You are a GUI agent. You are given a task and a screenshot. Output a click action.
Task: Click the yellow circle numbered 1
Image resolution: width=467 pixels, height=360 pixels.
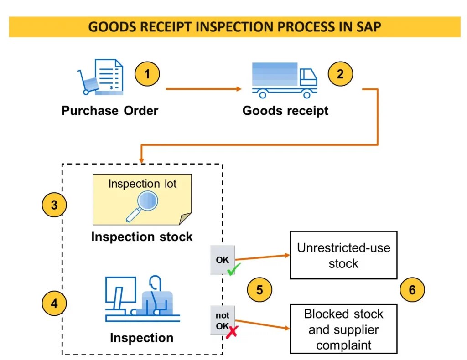147,74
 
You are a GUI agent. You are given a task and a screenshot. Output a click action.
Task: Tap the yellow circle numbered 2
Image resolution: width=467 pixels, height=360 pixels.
340,74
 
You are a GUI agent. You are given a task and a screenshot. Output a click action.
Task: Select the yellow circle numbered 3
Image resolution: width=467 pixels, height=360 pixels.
54,205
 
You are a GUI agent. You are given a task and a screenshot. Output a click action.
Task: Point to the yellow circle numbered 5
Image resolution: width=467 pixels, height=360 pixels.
259,290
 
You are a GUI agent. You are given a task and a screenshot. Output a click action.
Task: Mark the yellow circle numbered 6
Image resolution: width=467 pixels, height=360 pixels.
412,290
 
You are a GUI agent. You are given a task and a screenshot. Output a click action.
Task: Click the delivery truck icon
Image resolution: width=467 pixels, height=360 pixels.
285,81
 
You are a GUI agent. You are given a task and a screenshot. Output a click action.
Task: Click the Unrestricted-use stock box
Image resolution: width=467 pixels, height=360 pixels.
343,255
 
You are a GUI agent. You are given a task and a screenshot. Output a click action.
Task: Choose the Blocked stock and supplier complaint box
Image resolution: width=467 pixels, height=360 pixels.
343,329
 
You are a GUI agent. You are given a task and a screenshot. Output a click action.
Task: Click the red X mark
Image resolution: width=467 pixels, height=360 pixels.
233,331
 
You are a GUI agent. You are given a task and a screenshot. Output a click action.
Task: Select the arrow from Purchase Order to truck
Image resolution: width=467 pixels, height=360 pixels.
203,89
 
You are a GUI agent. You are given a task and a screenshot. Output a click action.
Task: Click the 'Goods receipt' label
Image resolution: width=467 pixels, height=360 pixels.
285,111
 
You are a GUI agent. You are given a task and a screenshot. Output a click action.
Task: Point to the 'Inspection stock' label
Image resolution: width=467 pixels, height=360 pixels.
142,237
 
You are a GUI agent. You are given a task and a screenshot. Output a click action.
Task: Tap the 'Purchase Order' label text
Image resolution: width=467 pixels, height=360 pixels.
110,111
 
